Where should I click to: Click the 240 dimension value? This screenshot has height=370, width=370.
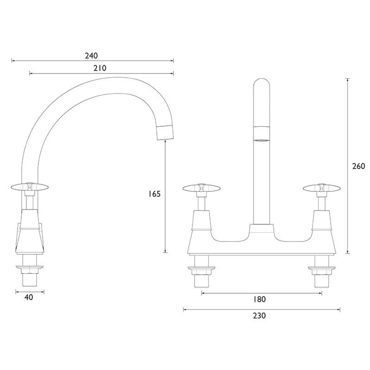91,55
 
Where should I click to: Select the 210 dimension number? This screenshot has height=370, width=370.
100,68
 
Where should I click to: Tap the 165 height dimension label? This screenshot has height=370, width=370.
154,194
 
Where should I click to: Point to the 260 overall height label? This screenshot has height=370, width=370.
358,166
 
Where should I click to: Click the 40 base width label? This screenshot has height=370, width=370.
29,297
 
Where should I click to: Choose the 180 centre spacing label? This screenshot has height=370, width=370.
259,299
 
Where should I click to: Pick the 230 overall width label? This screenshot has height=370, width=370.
259,315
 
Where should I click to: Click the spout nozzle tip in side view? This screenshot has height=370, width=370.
165,133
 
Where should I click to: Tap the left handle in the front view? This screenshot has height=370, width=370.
202,188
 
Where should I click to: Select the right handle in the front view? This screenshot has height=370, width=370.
321,188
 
